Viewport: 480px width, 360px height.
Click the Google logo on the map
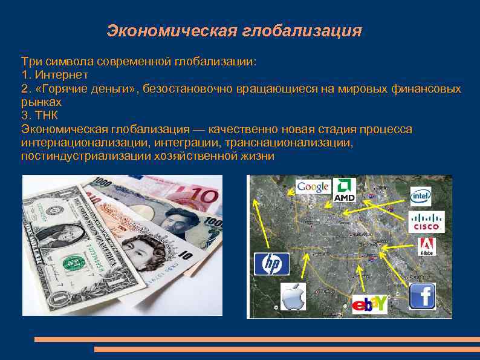[x=313, y=187]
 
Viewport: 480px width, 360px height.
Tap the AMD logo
[x=345, y=189]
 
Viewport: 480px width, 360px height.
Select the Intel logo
[x=421, y=195]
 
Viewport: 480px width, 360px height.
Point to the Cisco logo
[x=427, y=222]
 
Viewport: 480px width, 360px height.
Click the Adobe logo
[x=426, y=247]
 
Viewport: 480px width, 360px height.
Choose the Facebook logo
[x=422, y=296]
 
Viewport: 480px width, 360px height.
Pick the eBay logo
[x=369, y=303]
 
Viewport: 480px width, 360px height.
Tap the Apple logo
[x=293, y=297]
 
